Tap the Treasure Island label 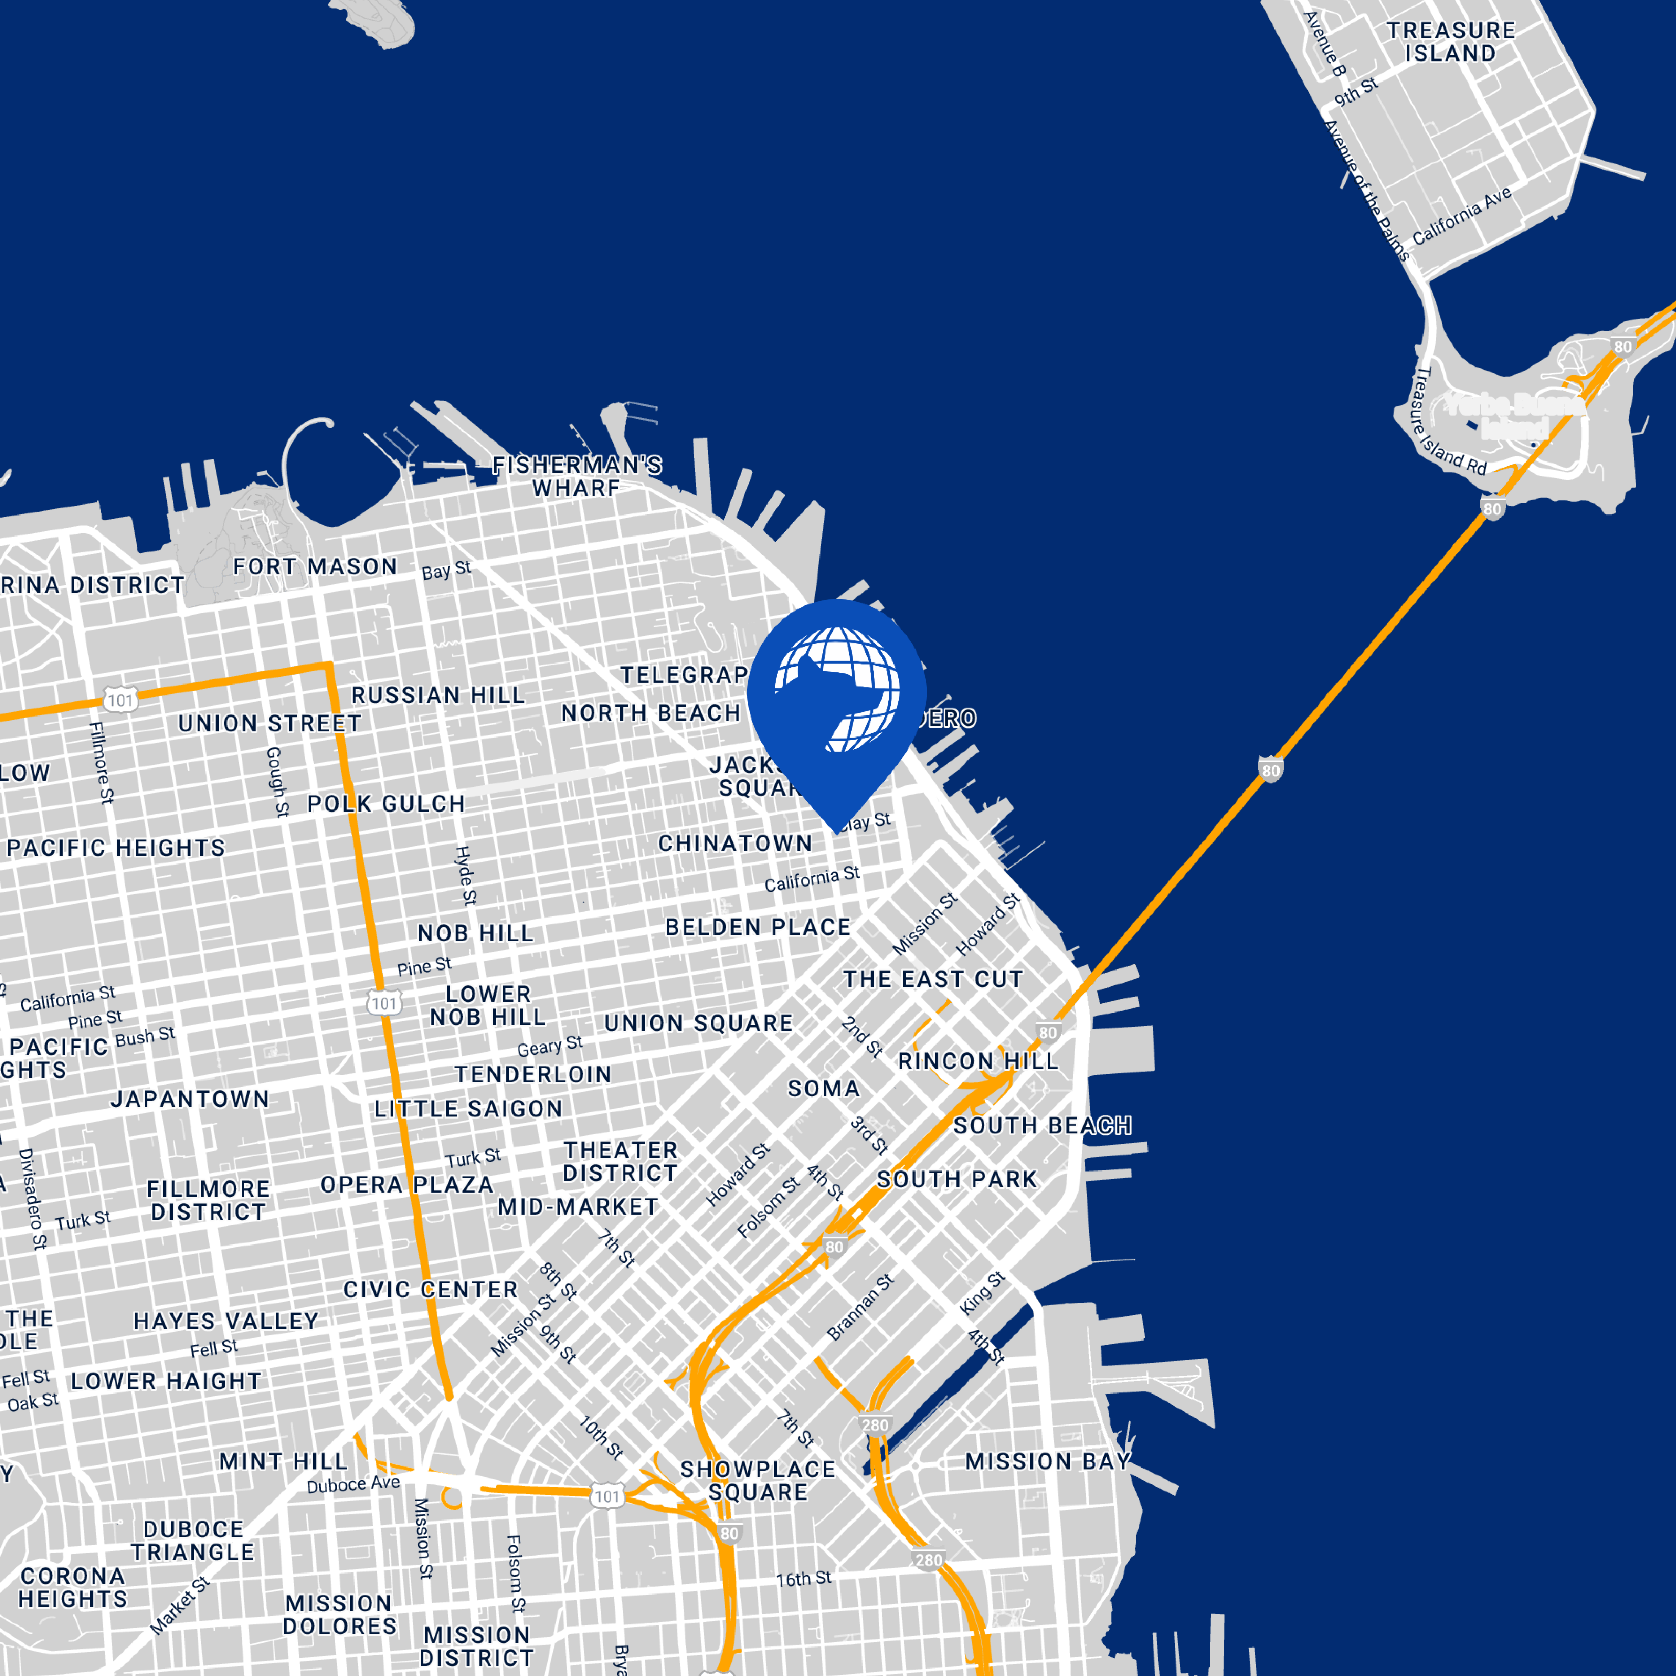click(1450, 41)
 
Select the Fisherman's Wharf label click(577, 476)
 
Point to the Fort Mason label click(315, 566)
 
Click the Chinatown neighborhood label click(735, 843)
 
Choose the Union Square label click(699, 1024)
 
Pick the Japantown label click(190, 1099)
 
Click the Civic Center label click(430, 1290)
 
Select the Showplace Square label click(757, 1481)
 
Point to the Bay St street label click(446, 570)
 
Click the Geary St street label click(549, 1046)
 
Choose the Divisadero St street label click(32, 1198)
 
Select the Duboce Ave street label click(353, 1484)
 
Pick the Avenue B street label click(1325, 43)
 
